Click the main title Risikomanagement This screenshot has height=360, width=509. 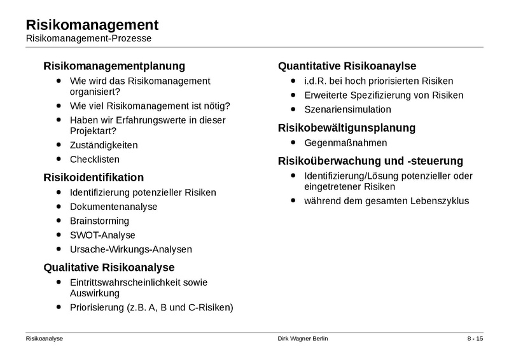tap(92, 25)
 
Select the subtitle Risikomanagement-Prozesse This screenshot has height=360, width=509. tap(88, 39)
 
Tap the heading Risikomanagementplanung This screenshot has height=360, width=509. tap(114, 66)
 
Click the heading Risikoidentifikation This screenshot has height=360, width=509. tap(94, 177)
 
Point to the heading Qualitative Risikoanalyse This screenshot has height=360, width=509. tap(109, 267)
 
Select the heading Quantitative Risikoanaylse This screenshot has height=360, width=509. tap(347, 66)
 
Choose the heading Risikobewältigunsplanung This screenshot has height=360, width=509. tap(347, 128)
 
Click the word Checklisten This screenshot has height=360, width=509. tap(95, 160)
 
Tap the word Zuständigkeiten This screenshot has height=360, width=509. tap(104, 145)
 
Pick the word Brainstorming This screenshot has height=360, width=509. tap(99, 221)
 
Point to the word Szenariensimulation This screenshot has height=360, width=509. tap(347, 109)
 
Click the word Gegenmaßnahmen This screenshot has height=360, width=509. tap(345, 142)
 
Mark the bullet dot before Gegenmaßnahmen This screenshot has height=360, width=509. tap(293, 142)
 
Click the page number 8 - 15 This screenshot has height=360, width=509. tap(475, 338)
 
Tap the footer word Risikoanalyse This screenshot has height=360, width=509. tap(45, 338)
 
